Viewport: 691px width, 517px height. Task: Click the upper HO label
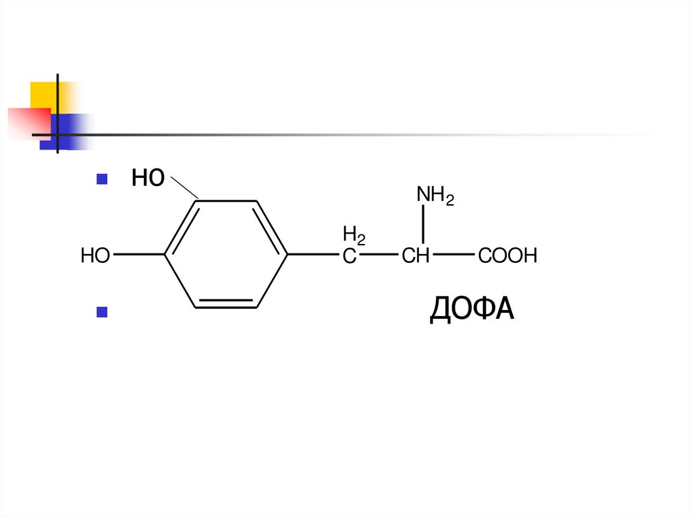(x=148, y=179)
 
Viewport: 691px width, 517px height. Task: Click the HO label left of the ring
(x=95, y=255)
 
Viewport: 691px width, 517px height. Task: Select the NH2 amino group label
(x=435, y=195)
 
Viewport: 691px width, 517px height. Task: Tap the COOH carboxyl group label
(x=507, y=255)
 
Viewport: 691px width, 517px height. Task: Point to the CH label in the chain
(x=416, y=256)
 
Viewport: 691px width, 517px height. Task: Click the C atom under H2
(x=349, y=256)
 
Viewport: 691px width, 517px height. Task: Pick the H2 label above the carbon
(x=354, y=235)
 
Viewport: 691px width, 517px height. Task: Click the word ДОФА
(x=472, y=310)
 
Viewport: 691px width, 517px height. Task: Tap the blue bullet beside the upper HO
(x=103, y=179)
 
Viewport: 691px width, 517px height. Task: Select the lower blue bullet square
(x=103, y=311)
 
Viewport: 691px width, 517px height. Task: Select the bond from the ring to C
(x=314, y=255)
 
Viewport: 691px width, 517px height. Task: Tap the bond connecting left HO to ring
(x=138, y=255)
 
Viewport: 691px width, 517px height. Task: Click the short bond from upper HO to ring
(x=184, y=190)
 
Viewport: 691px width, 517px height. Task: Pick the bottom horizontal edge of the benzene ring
(x=226, y=307)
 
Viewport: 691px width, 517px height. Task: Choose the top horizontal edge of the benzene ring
(x=226, y=201)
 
